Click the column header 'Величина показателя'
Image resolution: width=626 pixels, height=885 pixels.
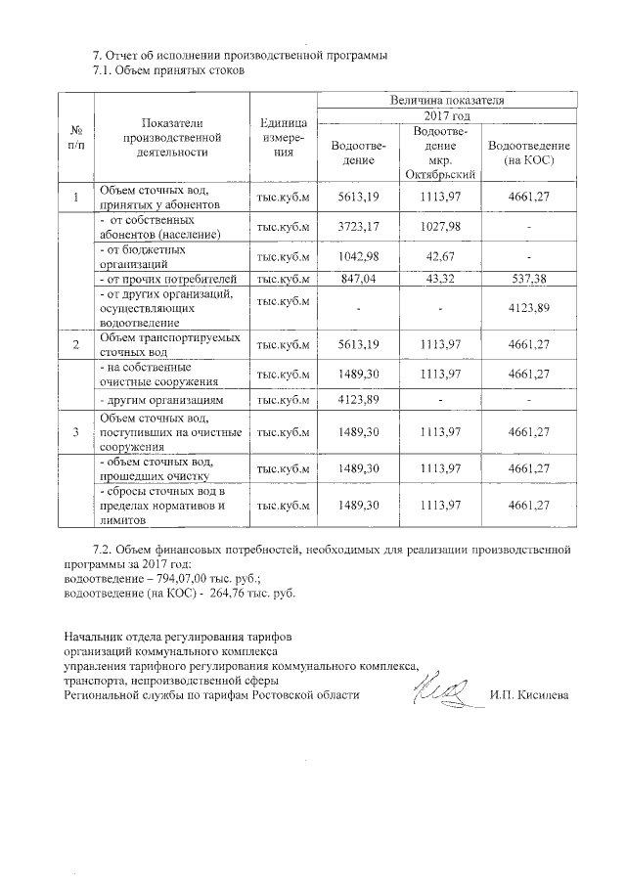pyautogui.click(x=448, y=100)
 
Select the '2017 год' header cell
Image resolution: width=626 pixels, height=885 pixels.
pyautogui.click(x=448, y=115)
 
